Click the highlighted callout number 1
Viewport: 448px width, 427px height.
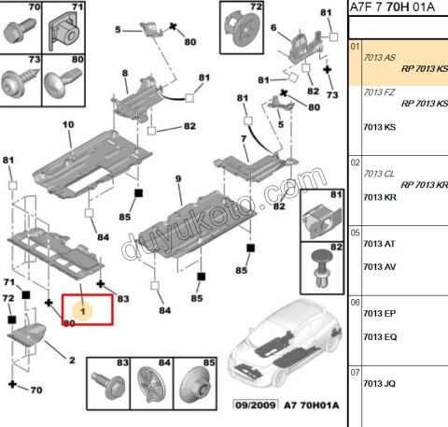(x=83, y=311)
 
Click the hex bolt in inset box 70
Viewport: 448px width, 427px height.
(x=20, y=29)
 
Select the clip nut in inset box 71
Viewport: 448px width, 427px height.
(x=64, y=32)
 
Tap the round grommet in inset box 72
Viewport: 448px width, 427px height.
(x=243, y=28)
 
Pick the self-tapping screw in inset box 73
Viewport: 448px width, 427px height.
(x=20, y=82)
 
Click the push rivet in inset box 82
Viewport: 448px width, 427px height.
(x=322, y=267)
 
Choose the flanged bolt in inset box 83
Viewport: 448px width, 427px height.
(x=108, y=385)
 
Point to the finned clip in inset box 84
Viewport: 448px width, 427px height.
(x=151, y=386)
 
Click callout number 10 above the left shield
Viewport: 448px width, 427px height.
(x=68, y=124)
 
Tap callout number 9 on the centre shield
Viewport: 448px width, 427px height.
(x=178, y=178)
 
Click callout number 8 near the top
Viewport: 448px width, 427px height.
(x=125, y=73)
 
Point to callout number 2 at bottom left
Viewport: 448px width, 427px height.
(x=72, y=361)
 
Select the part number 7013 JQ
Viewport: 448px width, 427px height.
(x=380, y=383)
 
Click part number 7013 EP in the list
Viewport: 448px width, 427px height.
(x=380, y=313)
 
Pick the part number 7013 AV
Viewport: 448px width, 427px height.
(x=380, y=267)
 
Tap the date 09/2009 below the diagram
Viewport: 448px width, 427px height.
(x=256, y=405)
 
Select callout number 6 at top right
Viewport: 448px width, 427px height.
(x=273, y=28)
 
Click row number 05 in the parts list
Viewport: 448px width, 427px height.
(x=355, y=233)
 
